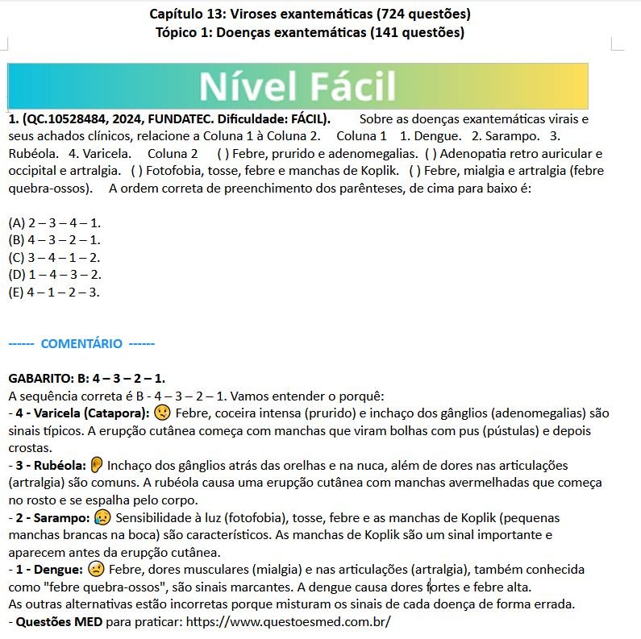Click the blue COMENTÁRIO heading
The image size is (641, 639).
81,344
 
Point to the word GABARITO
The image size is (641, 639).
40,379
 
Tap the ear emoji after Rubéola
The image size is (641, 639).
98,465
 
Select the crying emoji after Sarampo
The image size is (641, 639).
102,517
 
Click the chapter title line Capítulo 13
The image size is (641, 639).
310,14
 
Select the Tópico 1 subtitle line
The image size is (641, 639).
310,33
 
